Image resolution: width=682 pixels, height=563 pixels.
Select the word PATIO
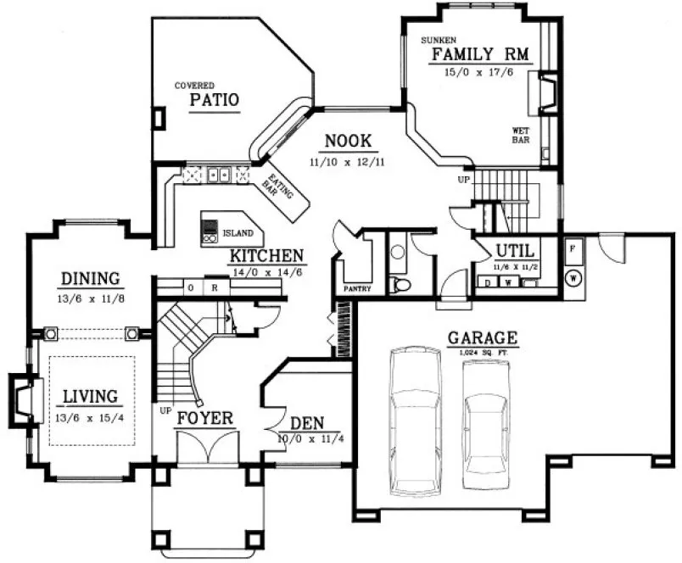point(214,100)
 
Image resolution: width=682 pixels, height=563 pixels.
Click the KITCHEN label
point(266,255)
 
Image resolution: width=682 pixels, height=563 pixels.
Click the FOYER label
point(205,419)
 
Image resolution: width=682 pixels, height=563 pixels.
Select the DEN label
point(306,423)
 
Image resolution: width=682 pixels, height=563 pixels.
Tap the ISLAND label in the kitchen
point(237,232)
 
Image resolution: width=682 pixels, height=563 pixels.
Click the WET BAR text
point(520,136)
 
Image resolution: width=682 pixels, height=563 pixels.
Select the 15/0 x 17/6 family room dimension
point(478,73)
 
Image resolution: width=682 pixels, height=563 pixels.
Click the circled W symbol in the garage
point(573,276)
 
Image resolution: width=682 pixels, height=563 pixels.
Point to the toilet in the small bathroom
point(401,284)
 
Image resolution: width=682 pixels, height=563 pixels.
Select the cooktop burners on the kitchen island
point(210,231)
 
